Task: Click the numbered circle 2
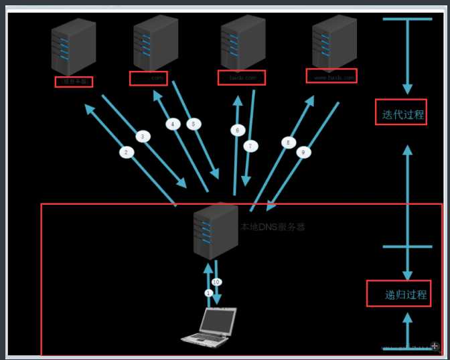pos(126,153)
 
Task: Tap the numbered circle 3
pos(142,137)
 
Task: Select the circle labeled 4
pos(172,124)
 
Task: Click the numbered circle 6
pos(235,130)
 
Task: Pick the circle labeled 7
pos(250,145)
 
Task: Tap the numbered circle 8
pos(289,143)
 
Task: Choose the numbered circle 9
pos(303,153)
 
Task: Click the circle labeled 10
pos(216,282)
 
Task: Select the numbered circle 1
pos(208,293)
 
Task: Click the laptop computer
pos(210,327)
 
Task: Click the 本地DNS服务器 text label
pos(273,227)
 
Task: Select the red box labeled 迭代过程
pos(400,114)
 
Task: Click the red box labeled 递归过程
pos(398,294)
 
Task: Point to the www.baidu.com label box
pos(331,77)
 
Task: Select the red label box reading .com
pos(149,78)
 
